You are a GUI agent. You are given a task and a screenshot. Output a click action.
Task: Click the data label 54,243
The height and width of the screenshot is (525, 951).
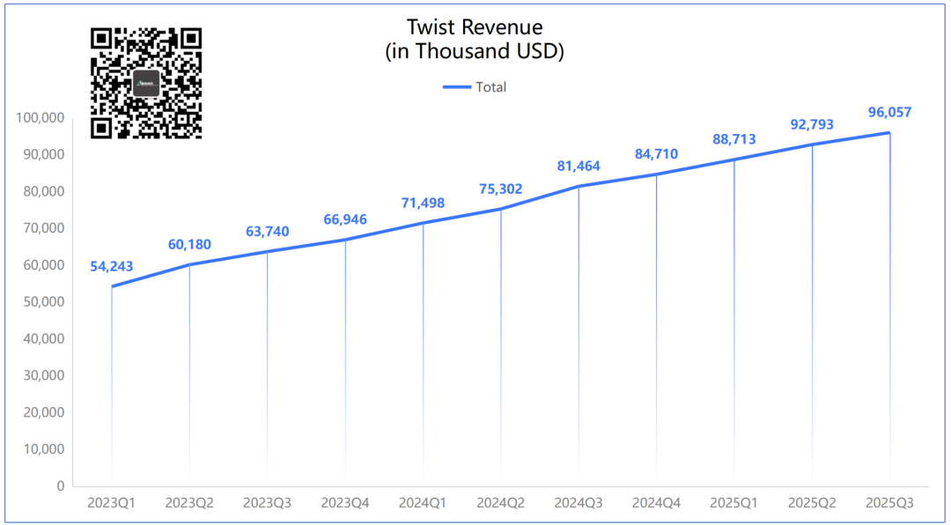112,267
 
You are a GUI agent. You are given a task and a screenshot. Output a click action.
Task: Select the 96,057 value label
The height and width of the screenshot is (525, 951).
889,112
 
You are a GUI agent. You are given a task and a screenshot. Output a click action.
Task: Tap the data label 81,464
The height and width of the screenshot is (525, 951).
579,166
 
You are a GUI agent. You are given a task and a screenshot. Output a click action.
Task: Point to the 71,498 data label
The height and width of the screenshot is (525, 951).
423,203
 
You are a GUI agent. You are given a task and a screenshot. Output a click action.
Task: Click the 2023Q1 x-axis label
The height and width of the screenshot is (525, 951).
112,503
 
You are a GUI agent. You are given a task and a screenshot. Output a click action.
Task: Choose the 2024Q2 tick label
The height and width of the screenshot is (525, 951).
501,503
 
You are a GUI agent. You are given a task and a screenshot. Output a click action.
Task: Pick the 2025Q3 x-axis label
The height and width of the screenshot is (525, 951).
889,503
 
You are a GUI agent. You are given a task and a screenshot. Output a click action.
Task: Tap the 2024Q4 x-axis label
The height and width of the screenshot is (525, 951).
656,503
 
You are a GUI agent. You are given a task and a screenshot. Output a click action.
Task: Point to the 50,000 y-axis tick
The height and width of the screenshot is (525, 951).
43,301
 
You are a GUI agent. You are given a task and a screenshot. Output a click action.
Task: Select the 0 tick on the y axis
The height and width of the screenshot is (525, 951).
61,485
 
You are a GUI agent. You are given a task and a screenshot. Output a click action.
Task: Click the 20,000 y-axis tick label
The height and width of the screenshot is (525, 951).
43,411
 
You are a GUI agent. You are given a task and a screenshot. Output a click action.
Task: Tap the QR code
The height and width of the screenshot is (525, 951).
146,83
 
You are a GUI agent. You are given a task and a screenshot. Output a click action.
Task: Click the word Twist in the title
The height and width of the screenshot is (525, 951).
429,27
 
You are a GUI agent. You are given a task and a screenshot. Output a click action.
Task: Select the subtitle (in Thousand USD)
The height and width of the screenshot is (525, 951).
475,52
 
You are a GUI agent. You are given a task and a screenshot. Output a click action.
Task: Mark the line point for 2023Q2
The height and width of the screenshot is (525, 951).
189,264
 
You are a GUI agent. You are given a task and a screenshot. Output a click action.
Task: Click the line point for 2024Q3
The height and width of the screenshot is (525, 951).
579,186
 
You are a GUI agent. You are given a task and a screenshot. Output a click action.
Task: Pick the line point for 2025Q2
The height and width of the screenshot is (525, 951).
812,144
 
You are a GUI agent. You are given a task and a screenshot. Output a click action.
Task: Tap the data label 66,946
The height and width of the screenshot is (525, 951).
345,219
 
